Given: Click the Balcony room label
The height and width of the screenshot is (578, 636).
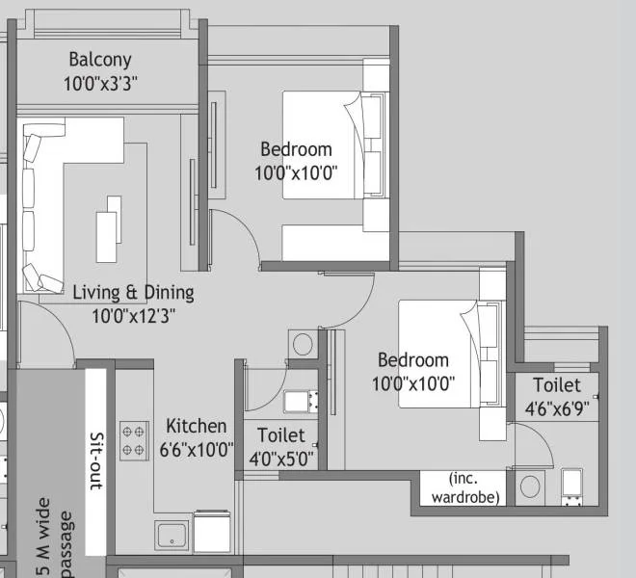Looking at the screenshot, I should coord(99,60).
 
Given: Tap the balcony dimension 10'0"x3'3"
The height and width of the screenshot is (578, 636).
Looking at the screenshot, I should coord(101,84).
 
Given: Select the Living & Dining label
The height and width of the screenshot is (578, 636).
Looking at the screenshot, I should coord(133,292).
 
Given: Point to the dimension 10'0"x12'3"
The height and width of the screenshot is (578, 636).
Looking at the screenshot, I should coord(133,315).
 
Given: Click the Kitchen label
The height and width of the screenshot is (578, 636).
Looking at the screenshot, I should coord(197,426).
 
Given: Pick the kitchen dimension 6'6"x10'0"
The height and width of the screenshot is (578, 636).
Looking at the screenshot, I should coord(197,449).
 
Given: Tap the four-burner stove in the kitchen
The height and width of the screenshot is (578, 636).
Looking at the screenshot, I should coord(132,438).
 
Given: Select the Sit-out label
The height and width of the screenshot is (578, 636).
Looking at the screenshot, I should coord(95,462).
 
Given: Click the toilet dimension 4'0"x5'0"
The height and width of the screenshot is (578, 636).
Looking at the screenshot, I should coord(280,459).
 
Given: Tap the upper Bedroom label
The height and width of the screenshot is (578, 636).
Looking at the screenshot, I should coord(296,149).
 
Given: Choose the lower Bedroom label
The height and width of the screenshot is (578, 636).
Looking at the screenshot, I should coord(412,360).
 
